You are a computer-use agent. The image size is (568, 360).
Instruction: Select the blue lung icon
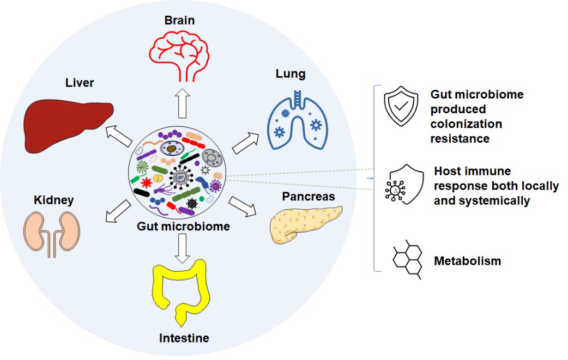click(297, 121)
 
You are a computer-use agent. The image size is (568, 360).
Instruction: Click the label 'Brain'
click(179, 21)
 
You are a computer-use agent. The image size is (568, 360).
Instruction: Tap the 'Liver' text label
click(80, 83)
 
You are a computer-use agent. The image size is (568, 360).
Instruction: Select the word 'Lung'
click(291, 74)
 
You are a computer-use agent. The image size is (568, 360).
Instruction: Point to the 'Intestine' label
click(184, 338)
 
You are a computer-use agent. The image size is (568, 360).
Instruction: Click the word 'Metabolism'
click(467, 261)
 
